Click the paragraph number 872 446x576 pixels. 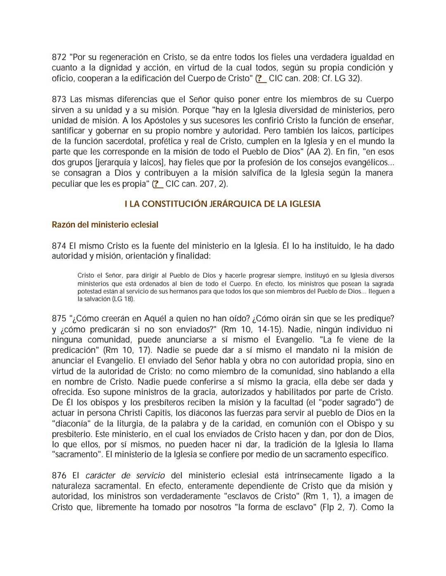pyautogui.click(x=59, y=57)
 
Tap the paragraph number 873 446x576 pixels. pyautogui.click(x=59, y=99)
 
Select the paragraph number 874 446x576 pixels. pyautogui.click(x=59, y=246)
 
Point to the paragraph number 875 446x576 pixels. pyautogui.click(x=59, y=319)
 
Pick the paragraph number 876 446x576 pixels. pyautogui.click(x=59, y=475)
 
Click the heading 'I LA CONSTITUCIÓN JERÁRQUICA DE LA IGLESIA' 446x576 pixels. pyautogui.click(x=223, y=204)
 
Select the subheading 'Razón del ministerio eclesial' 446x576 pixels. pyautogui.click(x=105, y=225)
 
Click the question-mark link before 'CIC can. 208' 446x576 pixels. pyautogui.click(x=261, y=78)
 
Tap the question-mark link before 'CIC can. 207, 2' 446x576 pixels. pyautogui.click(x=158, y=184)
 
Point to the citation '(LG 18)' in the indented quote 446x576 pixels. pyautogui.click(x=123, y=299)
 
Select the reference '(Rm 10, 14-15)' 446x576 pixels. pyautogui.click(x=252, y=329)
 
